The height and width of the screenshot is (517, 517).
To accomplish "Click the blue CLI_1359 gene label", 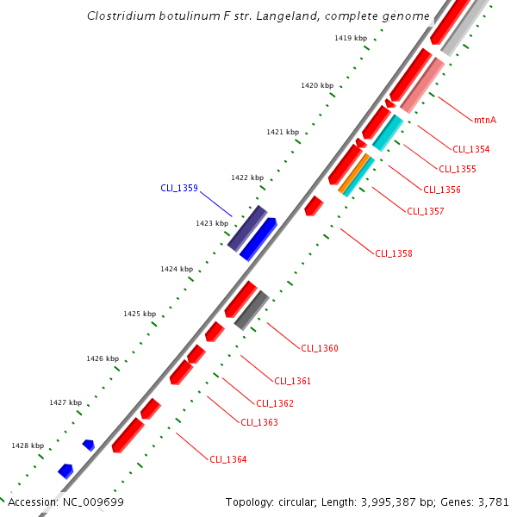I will click(x=179, y=188).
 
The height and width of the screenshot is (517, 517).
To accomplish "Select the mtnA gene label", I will click(x=485, y=120).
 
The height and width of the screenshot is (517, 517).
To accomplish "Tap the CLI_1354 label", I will click(x=470, y=149).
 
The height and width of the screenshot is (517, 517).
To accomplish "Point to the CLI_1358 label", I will click(x=393, y=253).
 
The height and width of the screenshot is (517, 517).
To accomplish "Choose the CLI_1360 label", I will click(x=319, y=348).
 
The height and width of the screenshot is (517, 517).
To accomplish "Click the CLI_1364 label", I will click(x=227, y=459).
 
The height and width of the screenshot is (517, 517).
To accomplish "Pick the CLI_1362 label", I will click(x=274, y=403).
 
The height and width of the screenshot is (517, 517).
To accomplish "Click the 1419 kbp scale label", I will click(x=350, y=39).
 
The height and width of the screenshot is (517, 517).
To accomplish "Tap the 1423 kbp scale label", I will click(x=211, y=223).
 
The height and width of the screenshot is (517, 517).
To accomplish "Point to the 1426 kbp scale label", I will click(x=102, y=358).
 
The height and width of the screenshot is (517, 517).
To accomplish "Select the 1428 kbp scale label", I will click(x=27, y=445).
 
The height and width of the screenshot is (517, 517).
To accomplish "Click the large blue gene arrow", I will click(x=258, y=239).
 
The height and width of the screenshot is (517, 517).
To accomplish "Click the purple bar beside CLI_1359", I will click(x=246, y=228).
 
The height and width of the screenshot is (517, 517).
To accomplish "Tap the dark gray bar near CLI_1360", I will click(x=252, y=310).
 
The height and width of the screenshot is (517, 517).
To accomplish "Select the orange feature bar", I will click(x=356, y=174).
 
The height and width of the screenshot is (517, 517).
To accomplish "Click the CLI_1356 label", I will click(x=441, y=190).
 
